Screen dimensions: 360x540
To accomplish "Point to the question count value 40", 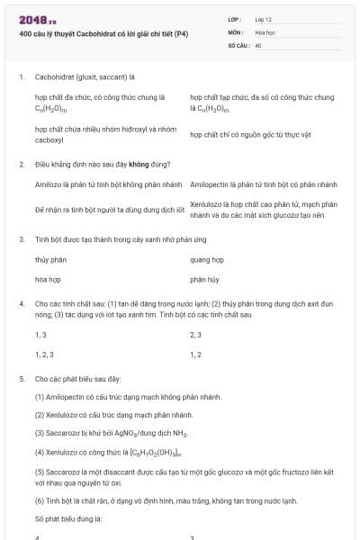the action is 258,44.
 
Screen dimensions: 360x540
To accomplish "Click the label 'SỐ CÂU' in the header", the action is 237,44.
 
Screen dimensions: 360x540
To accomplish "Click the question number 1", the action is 21,77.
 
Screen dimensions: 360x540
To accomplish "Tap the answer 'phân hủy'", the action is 204,280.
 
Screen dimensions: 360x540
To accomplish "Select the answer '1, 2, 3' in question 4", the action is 44,355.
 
